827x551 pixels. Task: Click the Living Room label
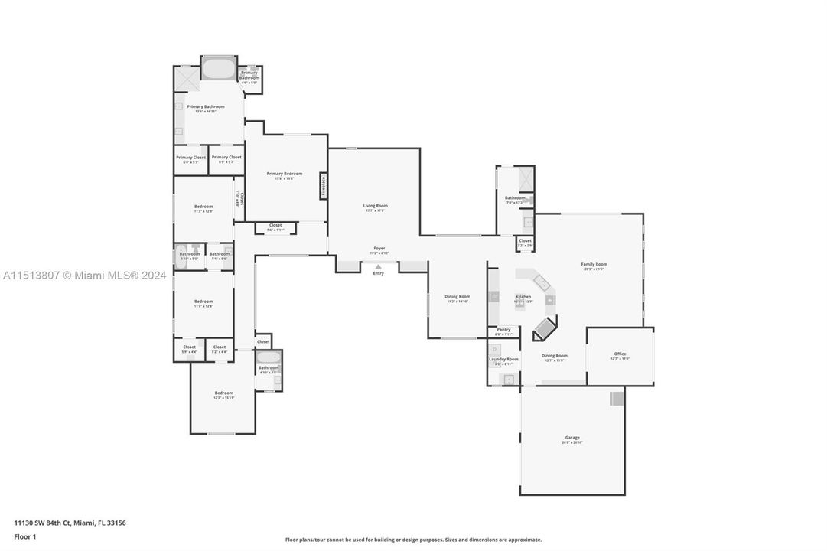(375, 206)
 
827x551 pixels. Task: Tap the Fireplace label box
(324, 187)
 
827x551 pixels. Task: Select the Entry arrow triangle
(378, 266)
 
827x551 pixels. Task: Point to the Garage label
(572, 438)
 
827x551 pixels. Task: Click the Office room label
(620, 354)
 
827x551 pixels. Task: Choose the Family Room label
(594, 264)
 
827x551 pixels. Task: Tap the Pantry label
(503, 330)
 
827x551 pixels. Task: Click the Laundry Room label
(503, 359)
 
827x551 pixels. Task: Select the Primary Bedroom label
(285, 174)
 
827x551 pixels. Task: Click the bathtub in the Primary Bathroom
(219, 69)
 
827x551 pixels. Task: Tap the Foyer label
(379, 249)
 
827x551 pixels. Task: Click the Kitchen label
(523, 296)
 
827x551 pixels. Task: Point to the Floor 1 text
(25, 536)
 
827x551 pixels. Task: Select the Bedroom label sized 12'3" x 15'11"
(223, 393)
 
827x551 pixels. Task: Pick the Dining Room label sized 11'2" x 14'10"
(458, 297)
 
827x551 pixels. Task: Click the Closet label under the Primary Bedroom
(275, 226)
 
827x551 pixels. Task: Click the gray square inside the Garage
(617, 398)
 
